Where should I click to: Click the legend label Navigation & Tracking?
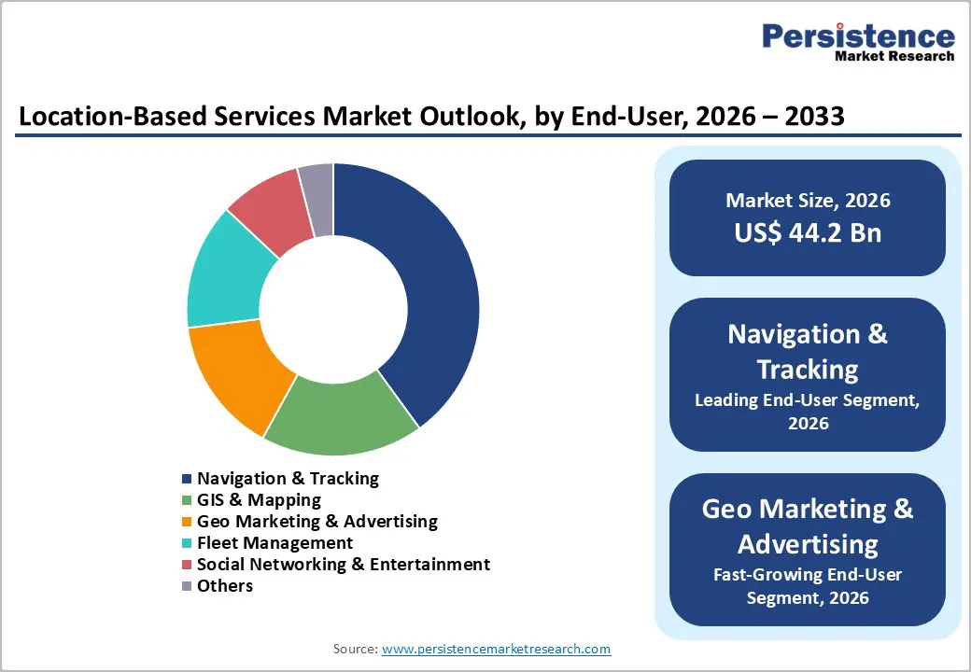288,479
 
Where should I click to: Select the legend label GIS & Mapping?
259,500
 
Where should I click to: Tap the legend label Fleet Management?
274,543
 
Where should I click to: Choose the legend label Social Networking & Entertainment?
343,565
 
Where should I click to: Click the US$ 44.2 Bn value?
808,232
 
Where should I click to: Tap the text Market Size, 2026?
808,200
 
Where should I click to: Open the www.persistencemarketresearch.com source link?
496,649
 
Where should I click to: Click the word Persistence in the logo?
858,36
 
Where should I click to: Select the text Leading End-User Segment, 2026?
808,412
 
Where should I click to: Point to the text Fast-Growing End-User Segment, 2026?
808,586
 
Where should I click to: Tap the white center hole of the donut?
333,309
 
